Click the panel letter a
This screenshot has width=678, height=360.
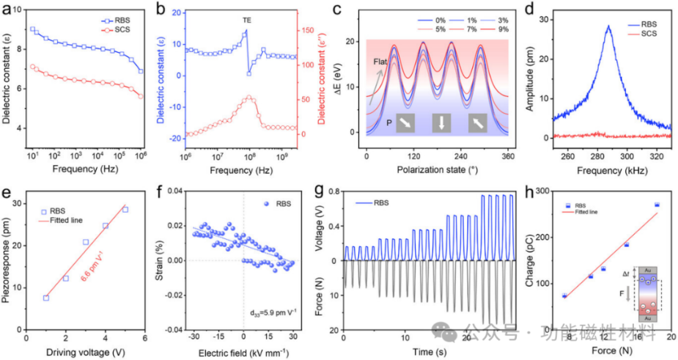pyautogui.click(x=7, y=10)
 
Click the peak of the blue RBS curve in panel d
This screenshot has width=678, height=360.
pyautogui.click(x=608, y=26)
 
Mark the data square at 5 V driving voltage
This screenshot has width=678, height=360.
pyautogui.click(x=125, y=210)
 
